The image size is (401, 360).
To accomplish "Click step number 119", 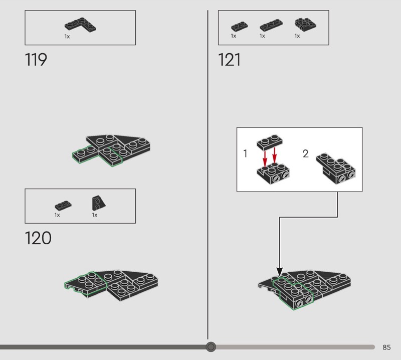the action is click(x=36, y=60).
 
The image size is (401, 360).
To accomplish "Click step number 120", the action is click(x=38, y=238).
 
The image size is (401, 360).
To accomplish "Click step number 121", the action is click(x=230, y=60).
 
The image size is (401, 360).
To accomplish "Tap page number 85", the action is click(x=386, y=347).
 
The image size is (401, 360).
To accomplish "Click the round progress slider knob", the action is click(x=211, y=346).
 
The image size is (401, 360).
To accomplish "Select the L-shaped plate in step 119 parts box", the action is click(x=80, y=25).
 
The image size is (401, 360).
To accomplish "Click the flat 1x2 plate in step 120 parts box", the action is click(x=63, y=205).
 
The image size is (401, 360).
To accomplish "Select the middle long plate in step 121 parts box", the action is click(x=269, y=26).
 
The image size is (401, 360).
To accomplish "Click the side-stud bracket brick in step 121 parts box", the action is click(x=302, y=24).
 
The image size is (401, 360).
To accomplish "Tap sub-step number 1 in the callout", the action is click(x=245, y=154).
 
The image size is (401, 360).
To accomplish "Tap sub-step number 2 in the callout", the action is click(x=306, y=154).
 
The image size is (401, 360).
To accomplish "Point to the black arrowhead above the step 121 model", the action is click(x=279, y=272).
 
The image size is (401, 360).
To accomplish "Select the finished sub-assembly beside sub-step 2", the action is click(x=336, y=167).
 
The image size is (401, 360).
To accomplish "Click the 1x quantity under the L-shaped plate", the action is click(x=67, y=37).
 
